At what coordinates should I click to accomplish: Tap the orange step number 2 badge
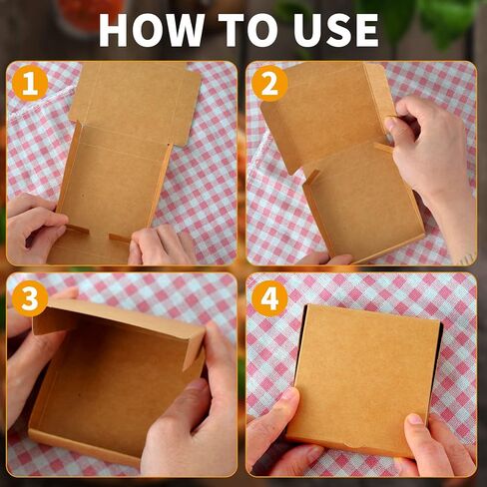pos(268,83)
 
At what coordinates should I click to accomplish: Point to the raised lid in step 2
pos(319,115)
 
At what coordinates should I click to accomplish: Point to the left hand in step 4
pos(274,429)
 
